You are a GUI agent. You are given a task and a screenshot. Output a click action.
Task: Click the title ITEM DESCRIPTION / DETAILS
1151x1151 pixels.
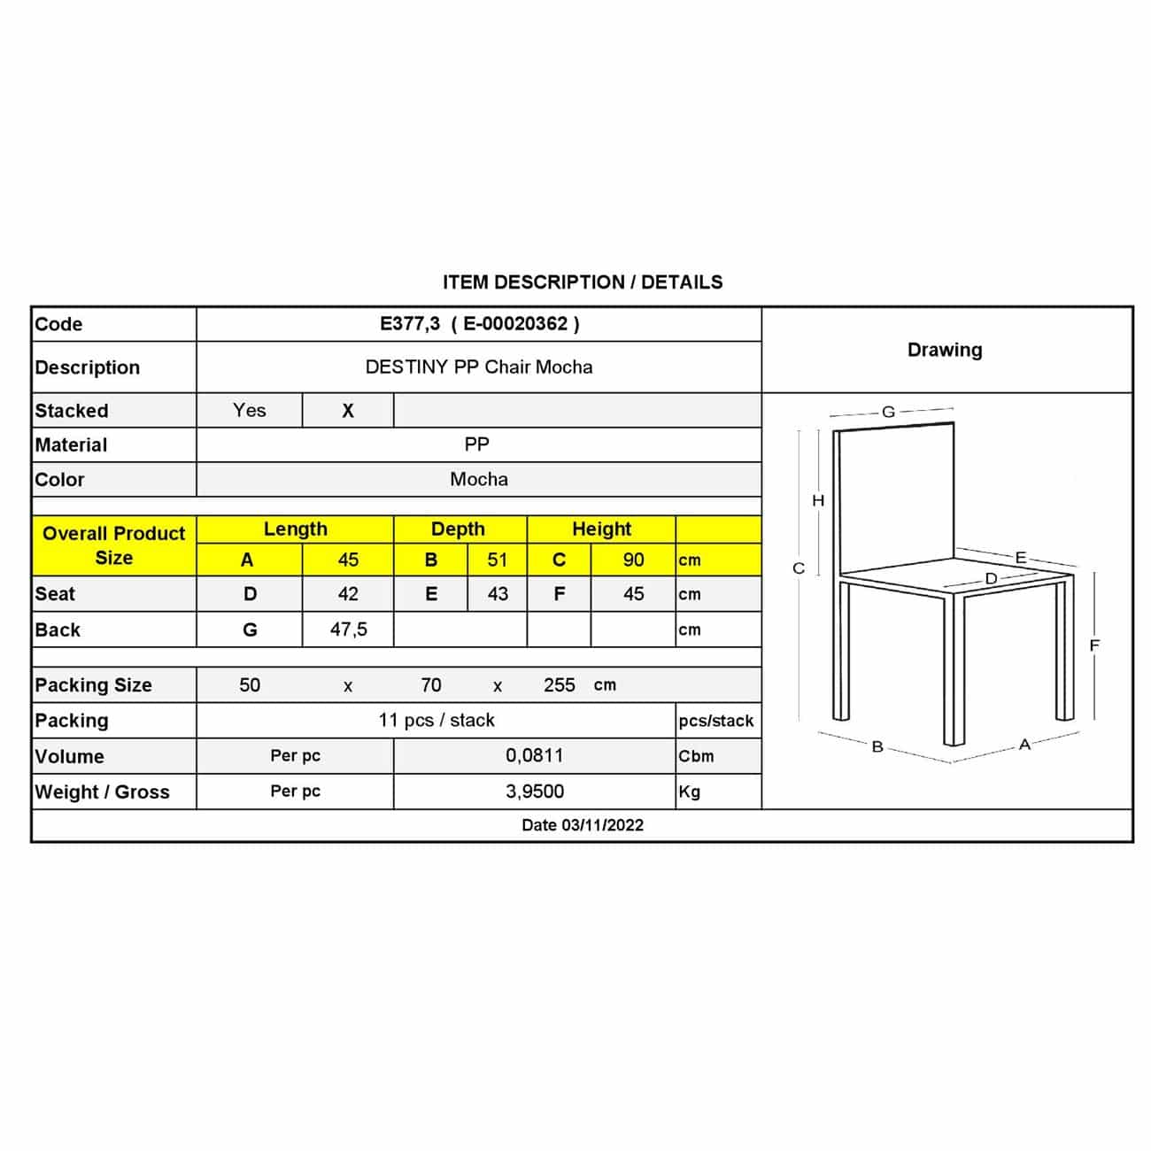coord(583,282)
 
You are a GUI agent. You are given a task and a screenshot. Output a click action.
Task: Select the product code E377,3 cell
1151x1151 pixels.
coord(479,324)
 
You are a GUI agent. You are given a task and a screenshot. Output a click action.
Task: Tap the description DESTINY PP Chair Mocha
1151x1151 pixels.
coord(479,367)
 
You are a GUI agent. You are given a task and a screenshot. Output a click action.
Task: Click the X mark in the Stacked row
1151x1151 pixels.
coord(348,411)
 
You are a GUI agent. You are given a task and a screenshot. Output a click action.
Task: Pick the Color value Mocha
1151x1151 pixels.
coord(479,480)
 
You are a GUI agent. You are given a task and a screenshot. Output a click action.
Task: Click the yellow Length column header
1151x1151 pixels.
coord(295,529)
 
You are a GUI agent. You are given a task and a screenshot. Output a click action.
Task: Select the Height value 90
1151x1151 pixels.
coord(633,560)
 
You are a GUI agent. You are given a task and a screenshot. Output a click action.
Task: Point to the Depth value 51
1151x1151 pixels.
coord(498,560)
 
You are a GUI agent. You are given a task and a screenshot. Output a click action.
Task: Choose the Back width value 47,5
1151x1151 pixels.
coord(348,630)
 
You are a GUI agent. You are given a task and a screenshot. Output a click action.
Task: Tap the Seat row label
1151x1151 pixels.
coord(55,594)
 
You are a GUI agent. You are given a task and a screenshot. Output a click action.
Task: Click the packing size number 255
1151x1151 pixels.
coord(560,685)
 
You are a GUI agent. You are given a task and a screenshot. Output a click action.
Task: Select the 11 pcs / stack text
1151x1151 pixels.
coord(436,721)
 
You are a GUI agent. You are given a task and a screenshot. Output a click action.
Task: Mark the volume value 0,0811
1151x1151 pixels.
coord(534,756)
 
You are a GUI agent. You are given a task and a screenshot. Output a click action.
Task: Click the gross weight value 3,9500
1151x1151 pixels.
coord(534,792)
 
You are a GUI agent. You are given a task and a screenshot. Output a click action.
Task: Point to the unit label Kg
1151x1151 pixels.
coord(690,792)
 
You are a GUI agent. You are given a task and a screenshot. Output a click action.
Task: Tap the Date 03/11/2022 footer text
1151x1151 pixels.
coord(583,825)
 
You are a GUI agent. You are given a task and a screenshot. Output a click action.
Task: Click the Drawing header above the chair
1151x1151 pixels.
coord(945,350)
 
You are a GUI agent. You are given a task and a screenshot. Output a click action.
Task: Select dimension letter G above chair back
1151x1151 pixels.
coord(888,412)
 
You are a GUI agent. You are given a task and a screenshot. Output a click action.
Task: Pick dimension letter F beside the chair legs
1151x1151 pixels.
coord(1094,645)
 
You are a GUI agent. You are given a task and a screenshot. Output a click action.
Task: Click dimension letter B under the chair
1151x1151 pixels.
coord(877,746)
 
